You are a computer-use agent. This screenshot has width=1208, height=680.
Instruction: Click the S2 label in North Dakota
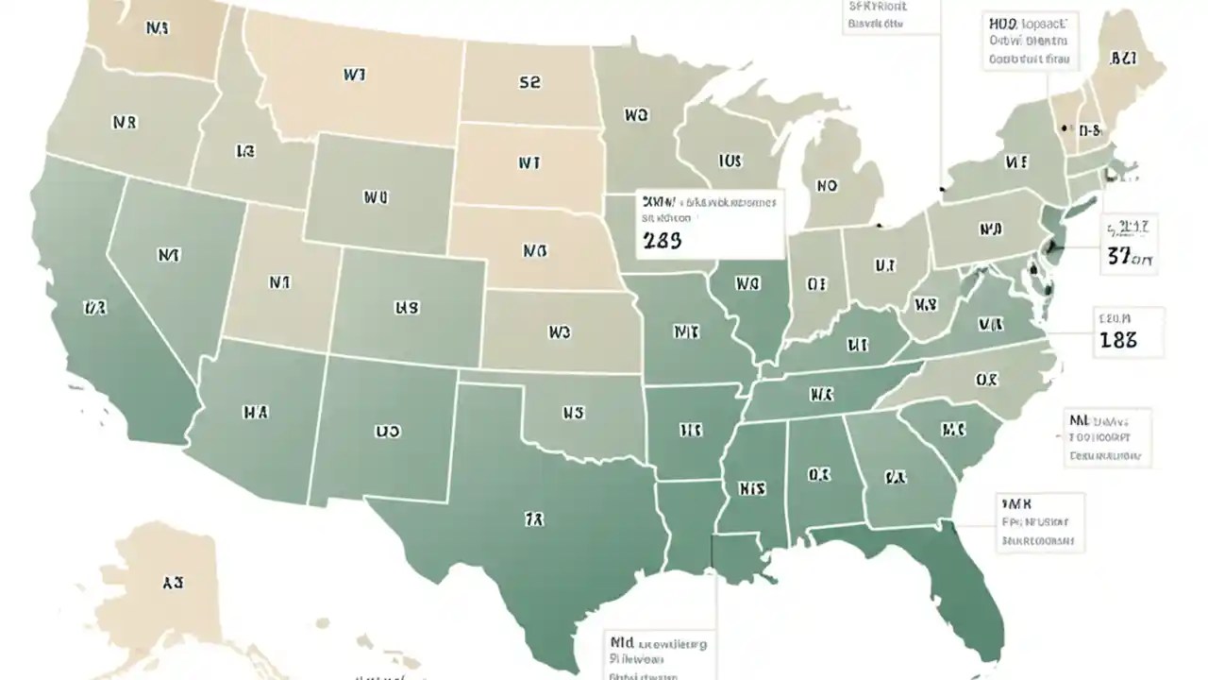click(529, 82)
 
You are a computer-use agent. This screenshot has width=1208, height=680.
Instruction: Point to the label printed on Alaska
click(172, 583)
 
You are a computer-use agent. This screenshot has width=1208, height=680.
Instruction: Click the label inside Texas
click(534, 518)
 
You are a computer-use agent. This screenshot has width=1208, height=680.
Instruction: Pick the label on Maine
click(1122, 59)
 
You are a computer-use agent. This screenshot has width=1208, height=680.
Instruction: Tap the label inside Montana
click(354, 74)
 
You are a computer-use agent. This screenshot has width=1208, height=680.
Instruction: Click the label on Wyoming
click(376, 198)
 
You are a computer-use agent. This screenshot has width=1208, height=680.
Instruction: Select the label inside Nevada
click(170, 254)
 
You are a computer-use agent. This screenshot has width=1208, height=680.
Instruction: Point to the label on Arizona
click(255, 412)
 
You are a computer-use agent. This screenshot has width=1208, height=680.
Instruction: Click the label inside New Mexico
click(387, 432)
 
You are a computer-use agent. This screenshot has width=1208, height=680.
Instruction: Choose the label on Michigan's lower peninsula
click(826, 186)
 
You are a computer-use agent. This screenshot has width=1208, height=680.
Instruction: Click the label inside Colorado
click(407, 308)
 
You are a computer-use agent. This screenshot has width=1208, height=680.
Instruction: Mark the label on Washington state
click(158, 28)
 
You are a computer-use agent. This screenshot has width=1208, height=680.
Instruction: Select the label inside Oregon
click(125, 123)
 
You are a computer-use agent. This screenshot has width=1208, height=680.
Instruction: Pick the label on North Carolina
click(986, 380)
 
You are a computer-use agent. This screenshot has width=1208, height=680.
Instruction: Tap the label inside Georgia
click(896, 478)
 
